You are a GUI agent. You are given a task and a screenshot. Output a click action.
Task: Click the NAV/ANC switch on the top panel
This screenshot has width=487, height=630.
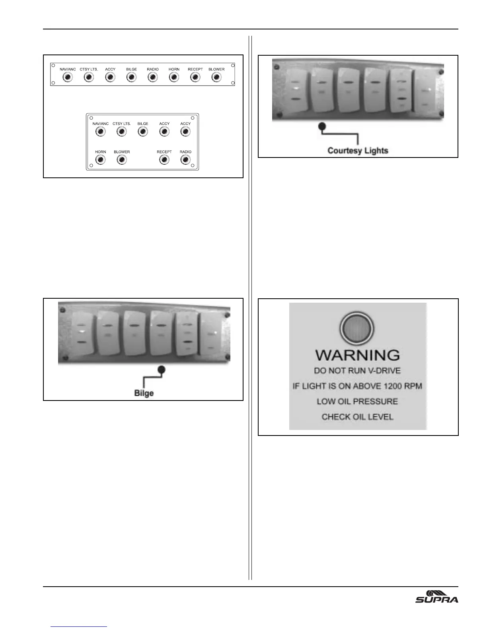point(68,77)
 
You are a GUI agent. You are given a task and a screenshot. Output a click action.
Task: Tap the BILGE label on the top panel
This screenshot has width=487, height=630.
point(131,69)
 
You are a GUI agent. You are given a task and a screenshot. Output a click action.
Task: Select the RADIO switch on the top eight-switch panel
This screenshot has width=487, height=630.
point(153,77)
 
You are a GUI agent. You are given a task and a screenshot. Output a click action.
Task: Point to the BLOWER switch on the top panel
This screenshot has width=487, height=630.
point(216,77)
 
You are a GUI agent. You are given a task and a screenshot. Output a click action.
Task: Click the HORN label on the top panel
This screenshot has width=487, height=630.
point(174,69)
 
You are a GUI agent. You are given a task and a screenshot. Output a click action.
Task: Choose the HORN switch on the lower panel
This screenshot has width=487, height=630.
point(101,160)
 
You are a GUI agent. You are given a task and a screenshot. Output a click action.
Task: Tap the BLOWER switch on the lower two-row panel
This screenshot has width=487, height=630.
point(122,160)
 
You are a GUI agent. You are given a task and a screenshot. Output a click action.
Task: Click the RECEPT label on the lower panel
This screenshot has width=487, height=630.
point(164,152)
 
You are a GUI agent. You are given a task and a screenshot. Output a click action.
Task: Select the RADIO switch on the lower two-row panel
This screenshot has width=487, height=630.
point(185,160)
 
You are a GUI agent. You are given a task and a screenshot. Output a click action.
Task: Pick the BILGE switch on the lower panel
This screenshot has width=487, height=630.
point(143,132)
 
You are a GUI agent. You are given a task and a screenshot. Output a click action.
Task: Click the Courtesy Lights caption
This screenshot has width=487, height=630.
point(358,151)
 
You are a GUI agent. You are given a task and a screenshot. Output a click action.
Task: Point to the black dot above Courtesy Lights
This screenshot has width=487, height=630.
point(323,126)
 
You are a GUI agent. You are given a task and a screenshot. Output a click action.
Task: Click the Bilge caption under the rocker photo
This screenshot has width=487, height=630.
point(144,393)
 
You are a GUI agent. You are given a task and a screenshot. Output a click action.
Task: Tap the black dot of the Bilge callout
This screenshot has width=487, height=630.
point(161,369)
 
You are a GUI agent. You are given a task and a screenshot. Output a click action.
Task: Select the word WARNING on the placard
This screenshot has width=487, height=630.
point(357,355)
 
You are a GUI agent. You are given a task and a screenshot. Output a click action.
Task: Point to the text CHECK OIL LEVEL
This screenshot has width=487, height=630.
point(357,417)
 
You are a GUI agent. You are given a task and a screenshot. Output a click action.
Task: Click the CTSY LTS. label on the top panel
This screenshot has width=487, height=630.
point(89,69)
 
